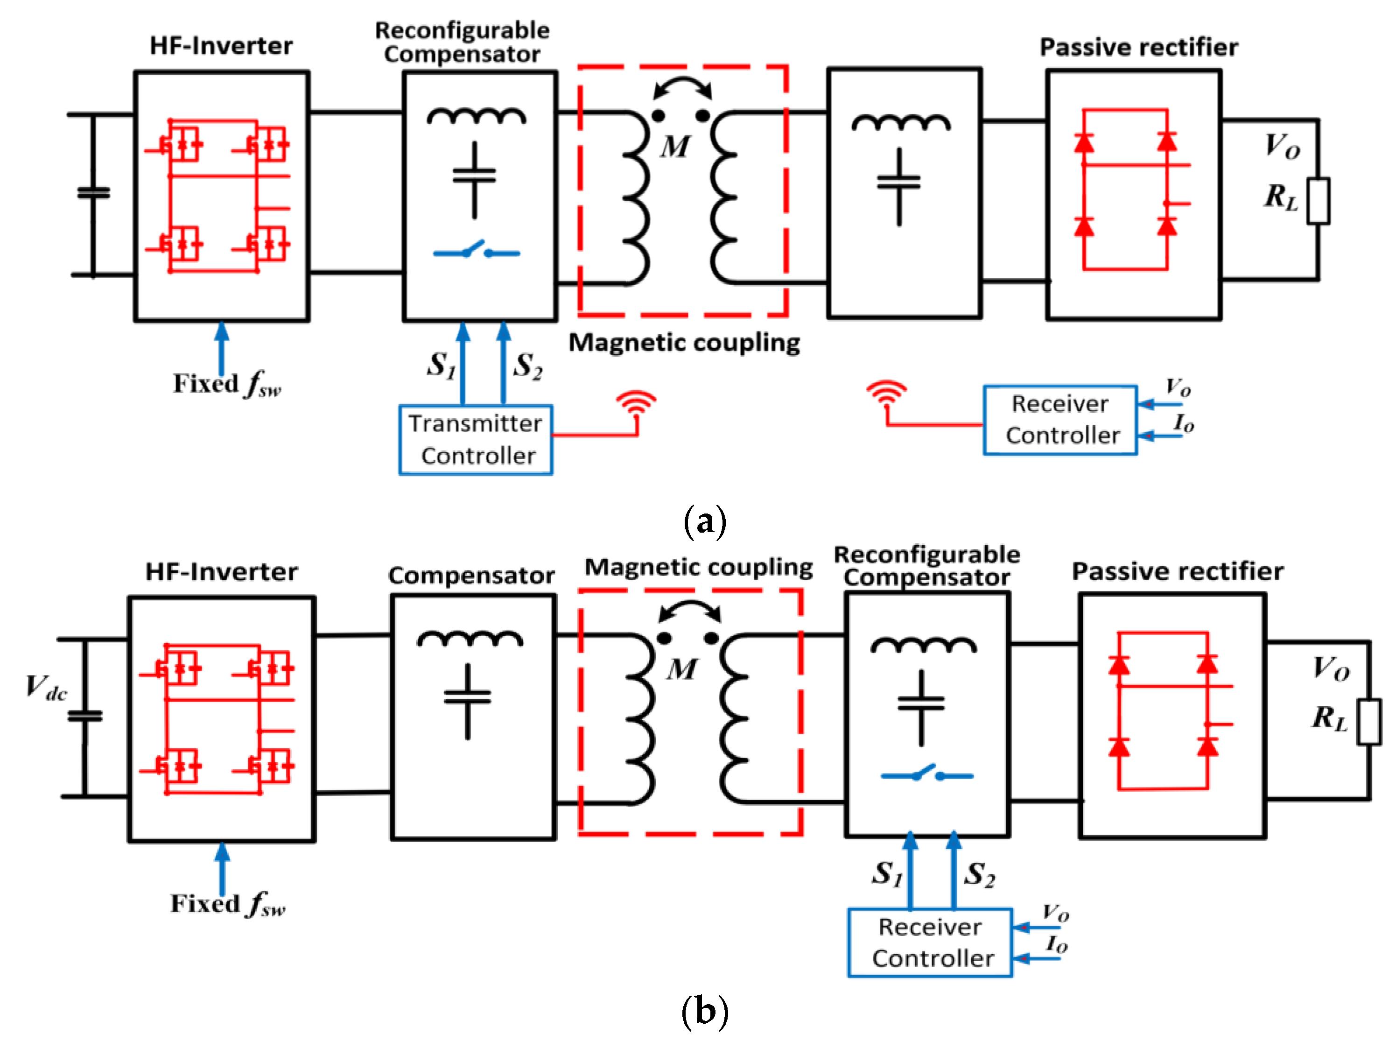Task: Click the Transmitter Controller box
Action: click(x=476, y=439)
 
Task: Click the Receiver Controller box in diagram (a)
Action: click(x=1060, y=420)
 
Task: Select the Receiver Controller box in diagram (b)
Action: click(x=930, y=942)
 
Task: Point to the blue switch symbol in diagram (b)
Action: click(x=926, y=774)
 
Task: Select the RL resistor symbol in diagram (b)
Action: click(x=1369, y=722)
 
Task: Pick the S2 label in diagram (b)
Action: click(x=980, y=875)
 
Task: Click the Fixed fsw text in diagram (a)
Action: click(x=227, y=384)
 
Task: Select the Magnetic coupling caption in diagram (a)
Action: click(x=684, y=343)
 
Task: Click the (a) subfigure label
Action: click(x=704, y=521)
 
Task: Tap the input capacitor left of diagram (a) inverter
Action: click(x=93, y=193)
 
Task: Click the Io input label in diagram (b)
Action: click(x=1056, y=943)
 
